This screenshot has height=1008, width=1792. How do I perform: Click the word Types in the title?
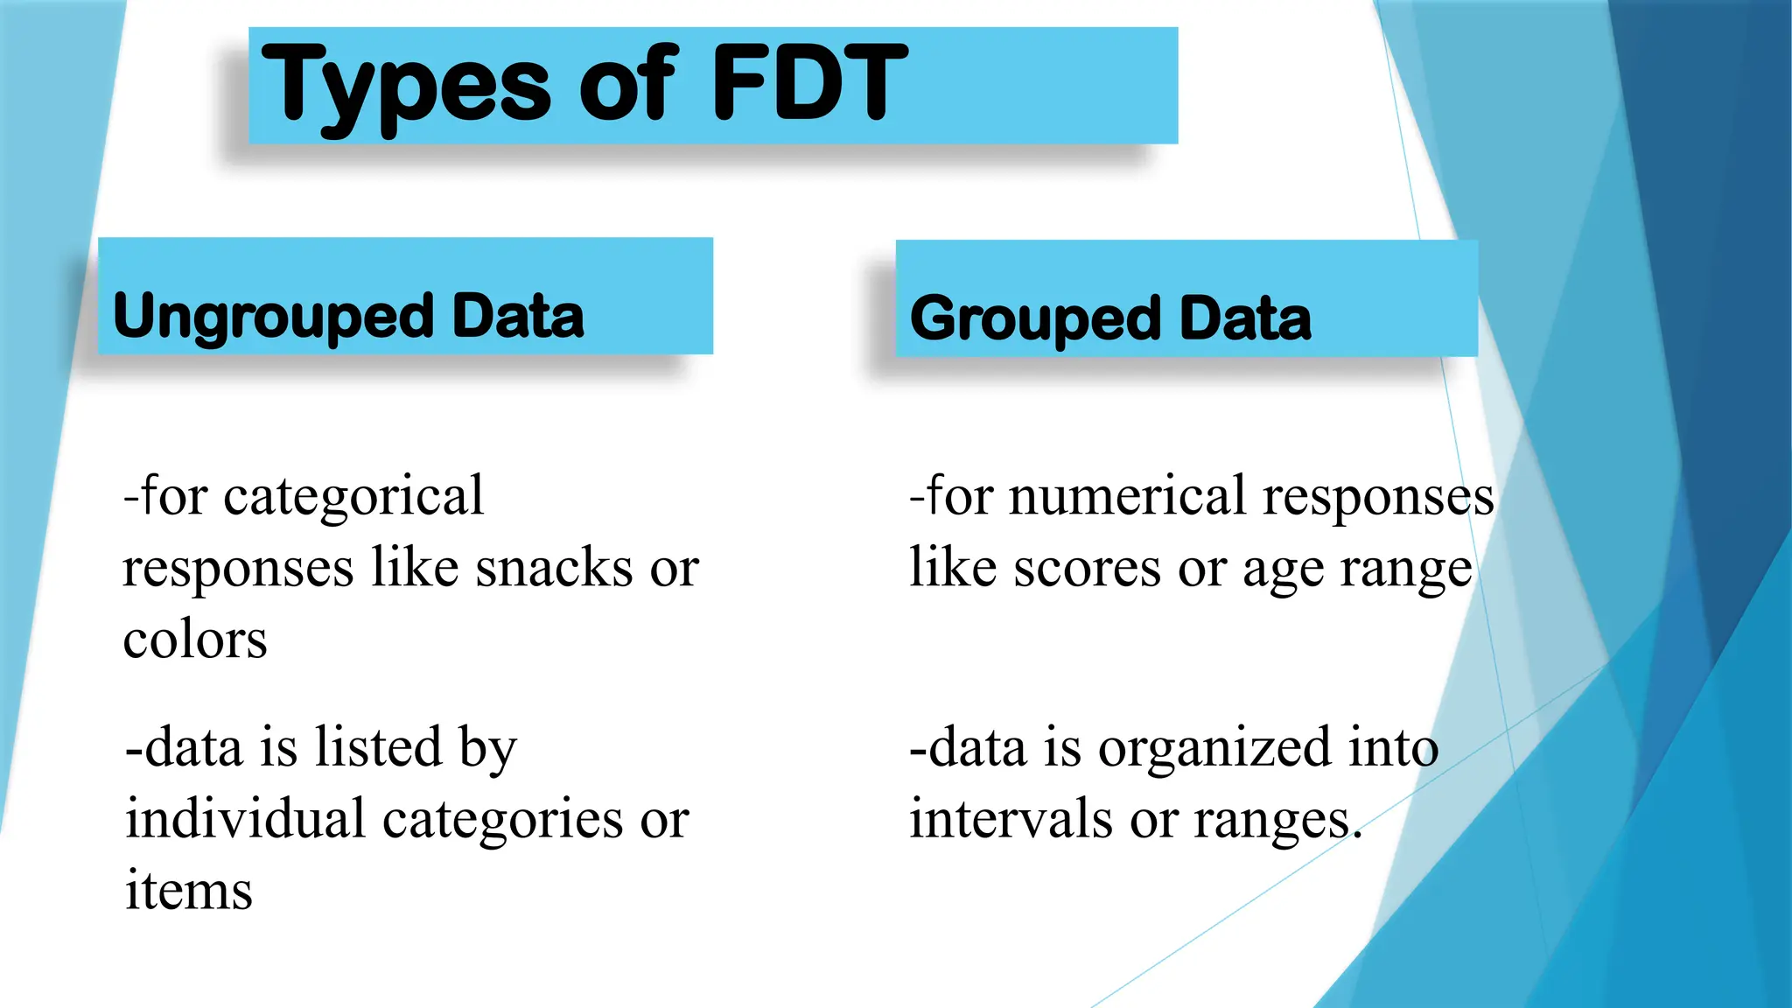[406, 86]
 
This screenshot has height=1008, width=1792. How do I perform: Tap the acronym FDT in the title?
[809, 83]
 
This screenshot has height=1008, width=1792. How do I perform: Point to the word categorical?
[353, 496]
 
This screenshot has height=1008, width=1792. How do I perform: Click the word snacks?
[554, 568]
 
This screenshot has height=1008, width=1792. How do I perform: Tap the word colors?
[195, 640]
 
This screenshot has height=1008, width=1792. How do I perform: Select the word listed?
[378, 748]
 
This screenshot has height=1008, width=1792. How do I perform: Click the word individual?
[245, 820]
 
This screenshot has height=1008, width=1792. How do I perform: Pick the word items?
[189, 892]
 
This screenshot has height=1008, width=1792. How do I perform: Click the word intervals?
[1011, 820]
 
